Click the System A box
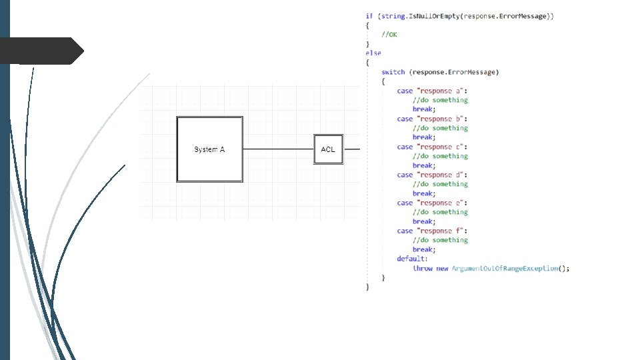(209, 149)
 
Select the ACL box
(328, 149)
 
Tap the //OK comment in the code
(389, 35)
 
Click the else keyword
(373, 53)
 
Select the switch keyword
(393, 72)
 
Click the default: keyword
(412, 259)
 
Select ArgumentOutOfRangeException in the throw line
(505, 268)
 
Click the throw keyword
(423, 268)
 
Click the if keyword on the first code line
(369, 16)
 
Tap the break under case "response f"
(423, 249)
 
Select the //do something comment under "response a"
(440, 100)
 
